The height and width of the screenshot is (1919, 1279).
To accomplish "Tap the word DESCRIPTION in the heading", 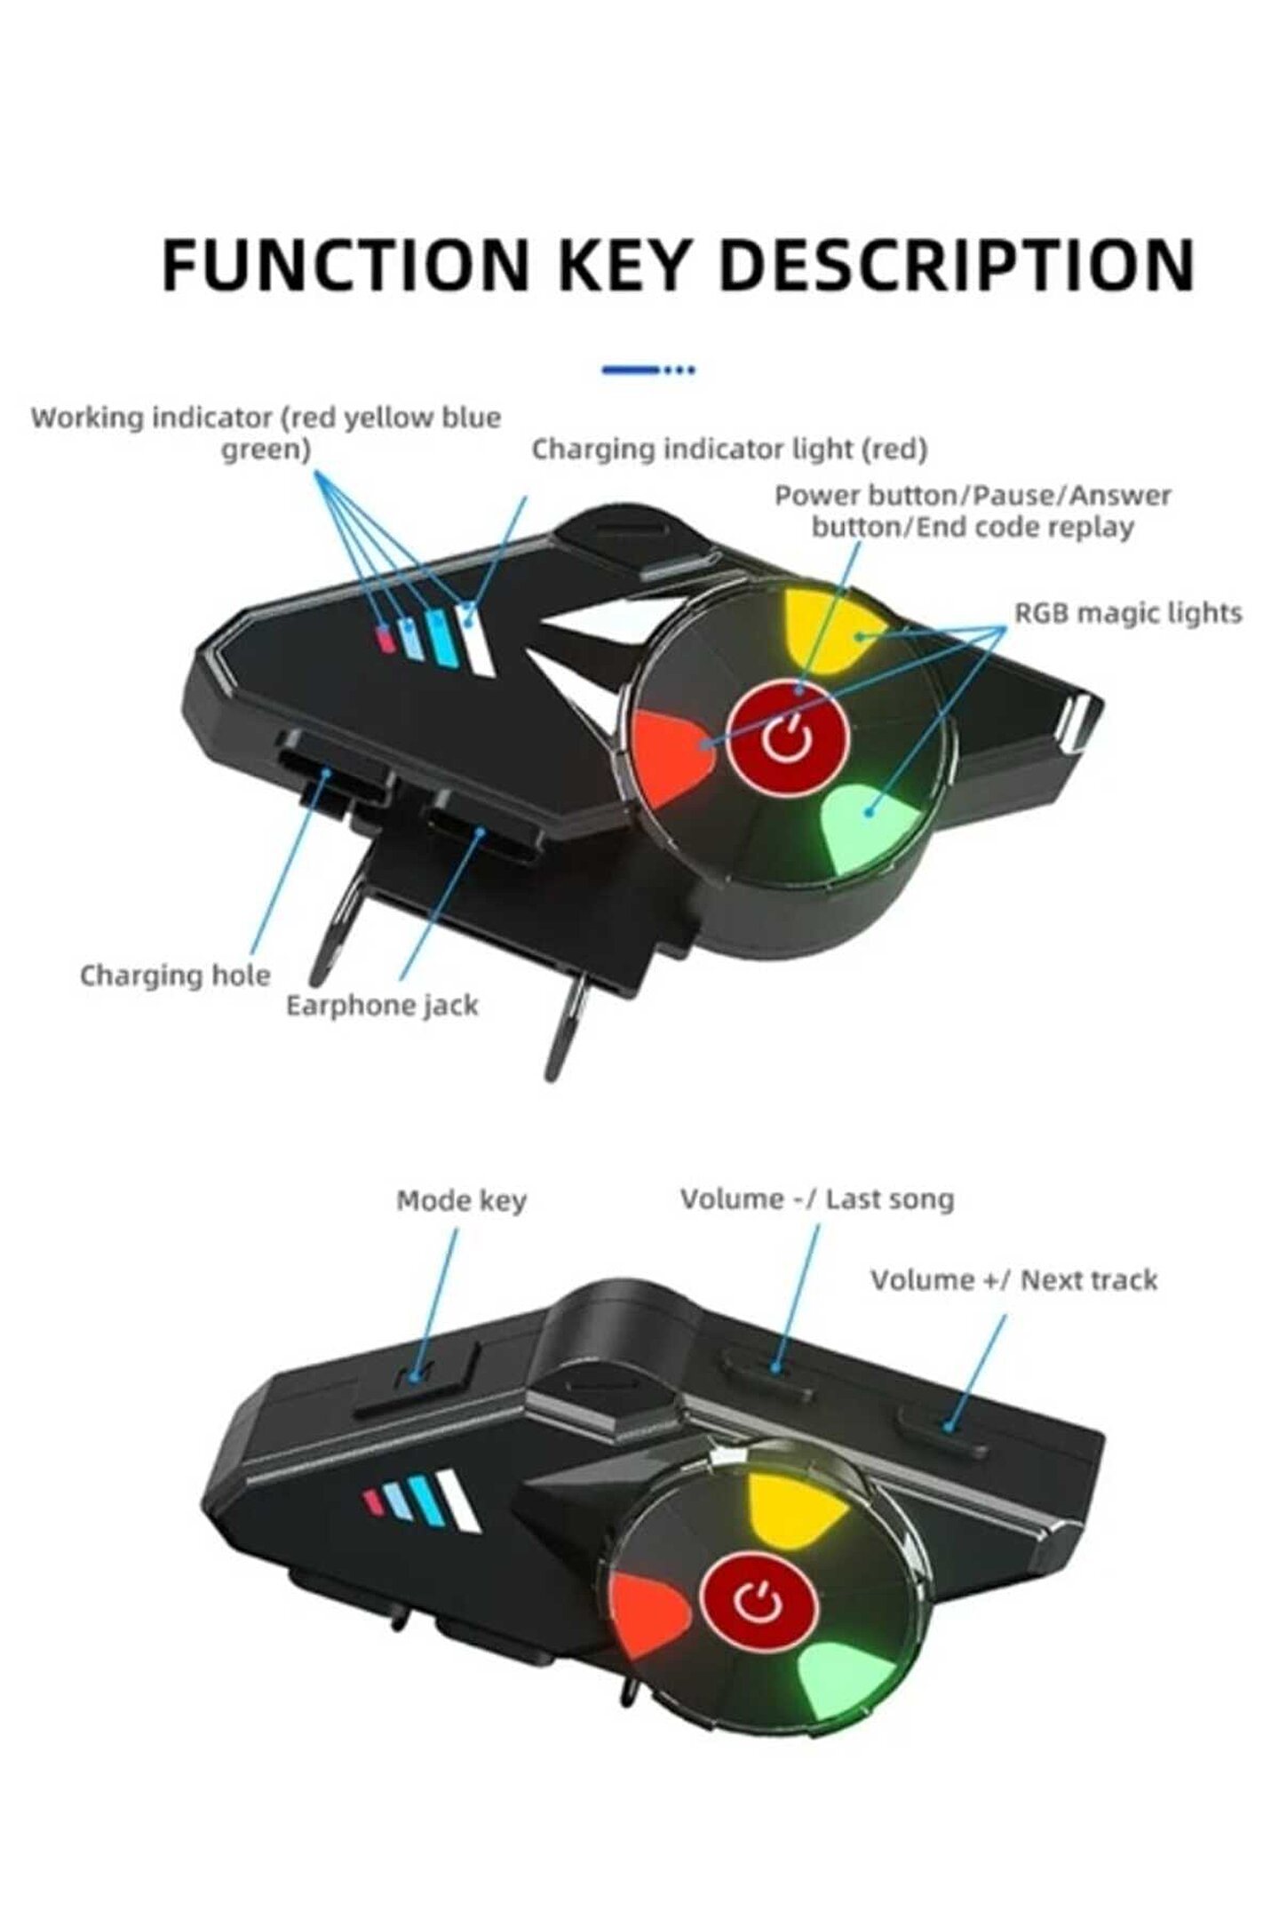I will pos(956,264).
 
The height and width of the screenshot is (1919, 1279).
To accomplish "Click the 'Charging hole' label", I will pos(175,975).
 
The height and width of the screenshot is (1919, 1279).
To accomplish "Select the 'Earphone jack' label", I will pos(382,1006).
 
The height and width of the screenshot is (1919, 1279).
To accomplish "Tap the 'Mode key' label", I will pos(461,1201).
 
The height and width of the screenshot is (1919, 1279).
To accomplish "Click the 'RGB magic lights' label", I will pos(1128,613).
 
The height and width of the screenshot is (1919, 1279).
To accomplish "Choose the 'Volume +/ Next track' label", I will pos(1013,1280).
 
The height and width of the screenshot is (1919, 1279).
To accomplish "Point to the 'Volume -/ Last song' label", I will pos(817,1199).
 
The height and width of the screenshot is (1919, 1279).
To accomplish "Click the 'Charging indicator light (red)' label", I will pos(729,450).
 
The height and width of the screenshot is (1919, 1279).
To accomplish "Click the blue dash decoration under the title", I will pos(647,370).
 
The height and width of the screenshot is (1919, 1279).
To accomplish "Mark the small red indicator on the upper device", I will pos(385,637).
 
